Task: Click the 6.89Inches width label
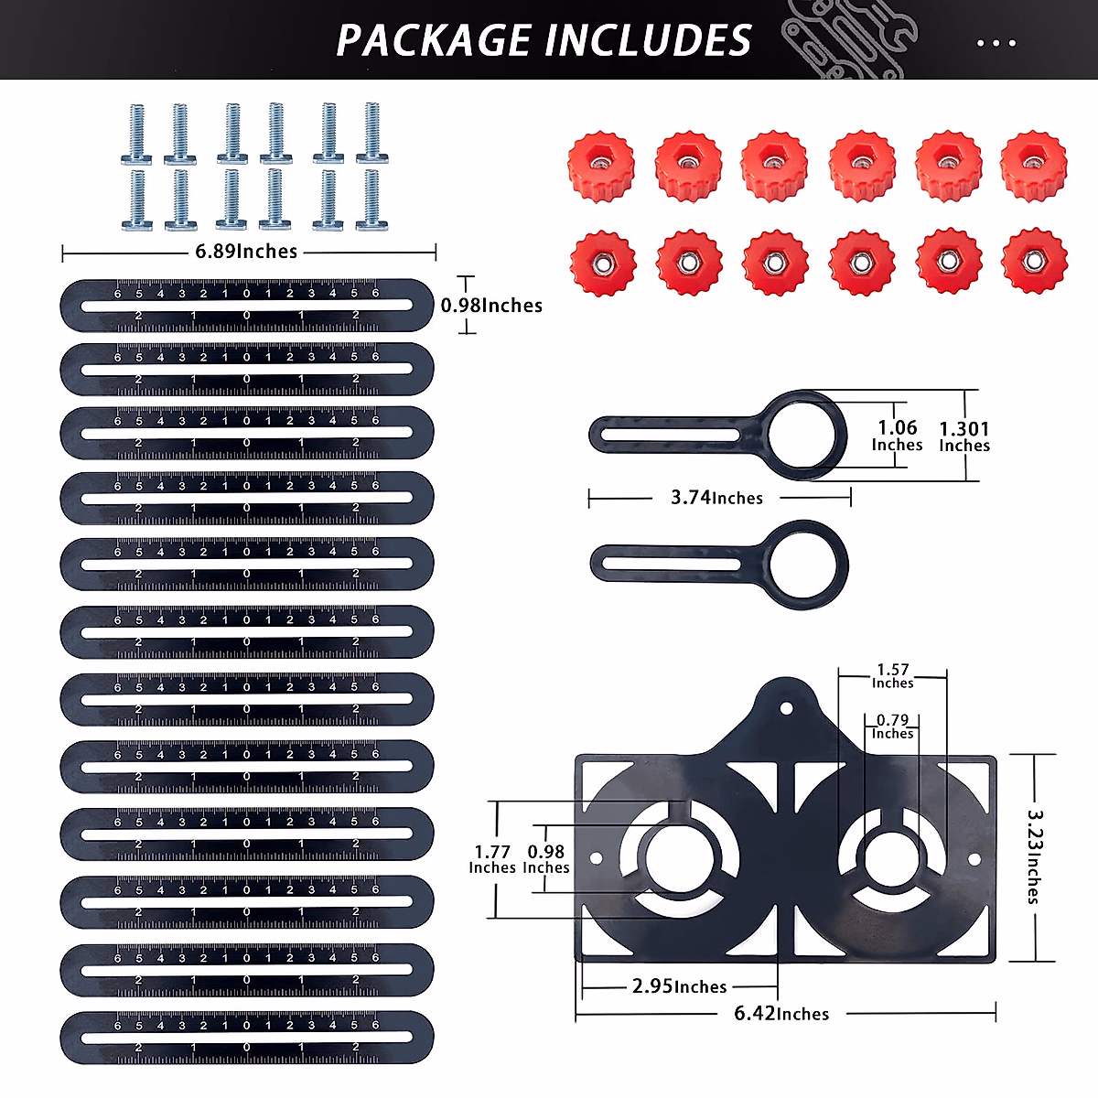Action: tap(246, 252)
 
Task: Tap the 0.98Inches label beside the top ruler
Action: tap(491, 306)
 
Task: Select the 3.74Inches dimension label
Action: tap(716, 498)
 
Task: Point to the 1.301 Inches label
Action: tap(964, 436)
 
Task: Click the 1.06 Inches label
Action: tap(897, 436)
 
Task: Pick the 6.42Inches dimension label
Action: tap(781, 1014)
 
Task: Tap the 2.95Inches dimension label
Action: tap(679, 986)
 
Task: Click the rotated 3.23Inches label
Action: tap(1035, 856)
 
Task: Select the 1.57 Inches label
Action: tap(893, 676)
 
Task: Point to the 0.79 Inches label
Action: tap(893, 727)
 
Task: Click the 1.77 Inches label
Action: tap(492, 859)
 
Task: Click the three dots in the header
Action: tap(996, 43)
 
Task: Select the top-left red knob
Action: tap(601, 166)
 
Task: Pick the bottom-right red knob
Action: tap(1034, 262)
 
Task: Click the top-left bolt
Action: tap(136, 134)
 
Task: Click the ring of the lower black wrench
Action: tap(808, 561)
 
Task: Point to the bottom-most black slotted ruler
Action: tap(247, 1038)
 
